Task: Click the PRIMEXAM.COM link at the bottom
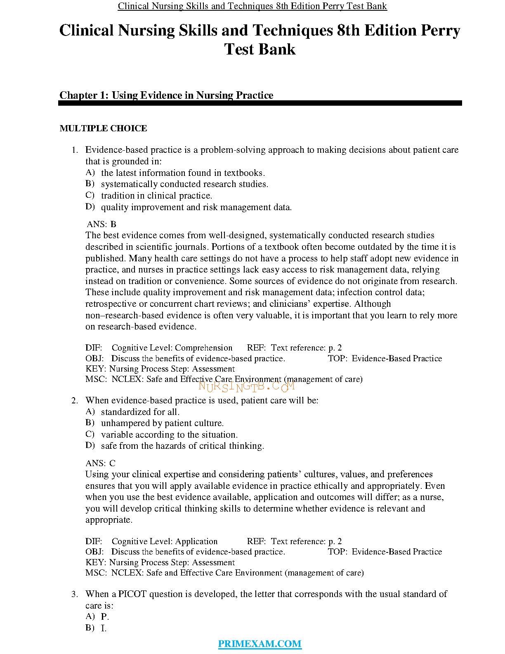tap(260, 643)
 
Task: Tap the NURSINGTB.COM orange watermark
tap(246, 386)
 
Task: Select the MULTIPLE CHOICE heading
tap(103, 128)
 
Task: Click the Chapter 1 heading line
tap(166, 95)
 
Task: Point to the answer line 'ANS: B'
tap(101, 224)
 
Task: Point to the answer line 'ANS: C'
tap(101, 463)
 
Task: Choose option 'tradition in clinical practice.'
tap(156, 196)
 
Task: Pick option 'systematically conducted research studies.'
tap(184, 184)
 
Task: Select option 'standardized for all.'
tap(140, 412)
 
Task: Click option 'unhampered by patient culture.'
tap(162, 423)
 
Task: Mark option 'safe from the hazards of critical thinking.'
tap(182, 446)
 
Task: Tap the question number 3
tap(75, 595)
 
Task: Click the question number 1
tap(75, 150)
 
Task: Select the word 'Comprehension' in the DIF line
tap(204, 348)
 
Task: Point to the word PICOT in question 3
tap(132, 594)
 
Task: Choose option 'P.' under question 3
tap(105, 617)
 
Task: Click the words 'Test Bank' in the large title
tap(260, 49)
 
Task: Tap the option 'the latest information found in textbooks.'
tap(183, 173)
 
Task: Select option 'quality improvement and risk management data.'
tap(196, 207)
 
